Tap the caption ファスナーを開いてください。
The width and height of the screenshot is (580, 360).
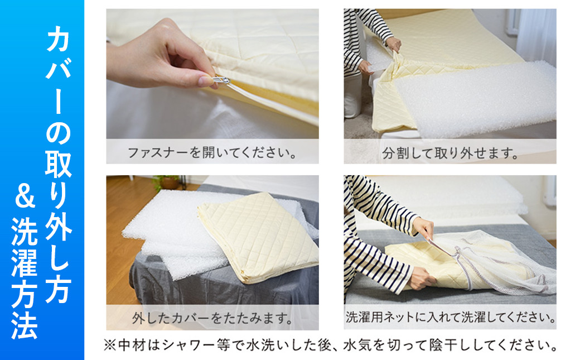pos(212,152)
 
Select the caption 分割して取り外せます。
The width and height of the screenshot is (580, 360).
pos(450,152)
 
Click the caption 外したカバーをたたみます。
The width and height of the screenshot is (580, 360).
pos(212,318)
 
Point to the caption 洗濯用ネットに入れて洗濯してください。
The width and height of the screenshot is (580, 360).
pos(451,317)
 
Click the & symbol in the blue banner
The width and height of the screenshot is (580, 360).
pos(25,198)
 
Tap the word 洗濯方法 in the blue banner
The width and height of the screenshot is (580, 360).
pos(25,278)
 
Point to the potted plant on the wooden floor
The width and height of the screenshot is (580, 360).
pos(167,181)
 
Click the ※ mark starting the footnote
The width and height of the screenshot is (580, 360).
pos(109,345)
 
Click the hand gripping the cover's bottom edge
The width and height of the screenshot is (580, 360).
pos(421,278)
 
